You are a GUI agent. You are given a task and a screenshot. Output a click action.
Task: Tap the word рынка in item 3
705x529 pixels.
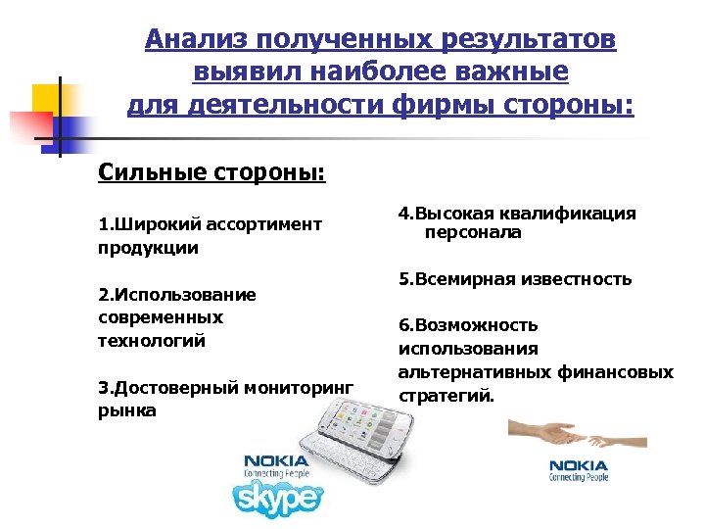tap(127, 410)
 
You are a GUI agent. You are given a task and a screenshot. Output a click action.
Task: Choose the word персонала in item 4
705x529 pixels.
tap(473, 233)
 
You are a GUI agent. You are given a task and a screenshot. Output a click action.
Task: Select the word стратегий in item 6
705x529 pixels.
tap(446, 396)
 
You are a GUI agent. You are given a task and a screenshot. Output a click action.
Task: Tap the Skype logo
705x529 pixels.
tap(278, 499)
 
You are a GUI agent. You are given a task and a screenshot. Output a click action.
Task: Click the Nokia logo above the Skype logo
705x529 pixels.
tap(277, 463)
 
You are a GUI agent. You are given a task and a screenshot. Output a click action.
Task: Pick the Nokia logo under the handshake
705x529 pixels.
tap(578, 470)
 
